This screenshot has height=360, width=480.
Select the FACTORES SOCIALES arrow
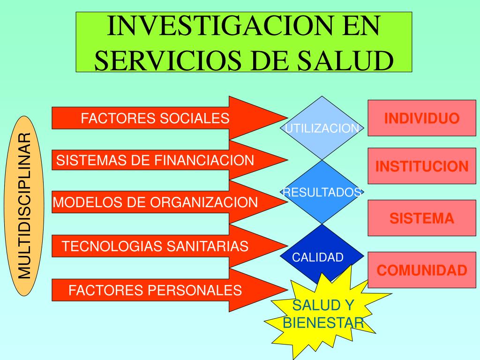click(x=155, y=118)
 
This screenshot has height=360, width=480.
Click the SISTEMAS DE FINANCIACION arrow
click(x=155, y=160)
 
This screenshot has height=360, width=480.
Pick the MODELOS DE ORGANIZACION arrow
click(x=155, y=202)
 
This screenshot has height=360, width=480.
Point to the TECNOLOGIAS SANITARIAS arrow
click(x=155, y=246)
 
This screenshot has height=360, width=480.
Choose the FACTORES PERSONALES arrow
click(x=155, y=290)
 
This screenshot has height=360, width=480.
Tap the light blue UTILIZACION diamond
click(x=322, y=128)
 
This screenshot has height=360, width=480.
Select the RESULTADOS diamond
click(x=322, y=192)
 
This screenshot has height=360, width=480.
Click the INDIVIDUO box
click(x=422, y=118)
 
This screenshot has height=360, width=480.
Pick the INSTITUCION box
click(x=422, y=166)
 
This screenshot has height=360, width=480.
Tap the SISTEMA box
click(x=422, y=218)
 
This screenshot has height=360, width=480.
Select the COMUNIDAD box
click(x=422, y=270)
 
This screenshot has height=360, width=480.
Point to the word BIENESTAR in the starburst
click(x=323, y=322)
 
